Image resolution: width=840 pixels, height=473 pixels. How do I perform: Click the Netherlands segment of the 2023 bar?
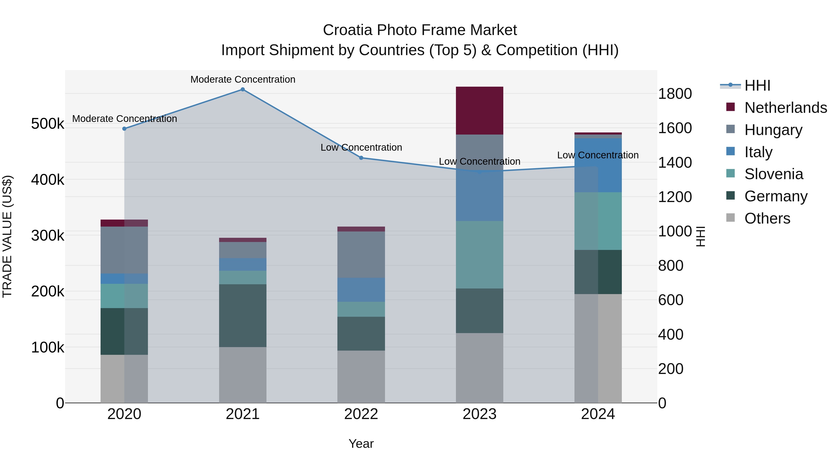coord(479,111)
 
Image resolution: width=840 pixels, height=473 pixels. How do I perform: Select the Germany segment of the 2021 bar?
coord(243,315)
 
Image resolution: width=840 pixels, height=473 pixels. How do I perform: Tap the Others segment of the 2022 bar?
coord(361,377)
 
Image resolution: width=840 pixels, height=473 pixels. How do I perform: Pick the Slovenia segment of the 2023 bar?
coord(479,255)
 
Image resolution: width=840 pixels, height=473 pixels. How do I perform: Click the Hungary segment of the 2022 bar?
coord(361,255)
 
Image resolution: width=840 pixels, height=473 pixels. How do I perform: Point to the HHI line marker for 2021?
coord(243,89)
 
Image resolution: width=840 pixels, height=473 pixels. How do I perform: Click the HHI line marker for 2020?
coord(124,129)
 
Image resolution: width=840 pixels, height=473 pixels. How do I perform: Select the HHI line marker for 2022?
coord(361,158)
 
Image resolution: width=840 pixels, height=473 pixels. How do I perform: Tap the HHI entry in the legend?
coord(757,85)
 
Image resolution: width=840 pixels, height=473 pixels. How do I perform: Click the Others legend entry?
coord(767,218)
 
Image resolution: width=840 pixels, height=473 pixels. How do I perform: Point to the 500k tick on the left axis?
coord(48,124)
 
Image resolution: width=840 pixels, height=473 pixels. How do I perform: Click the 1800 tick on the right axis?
coord(674,94)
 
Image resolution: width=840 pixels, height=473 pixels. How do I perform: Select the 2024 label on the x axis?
coord(598,414)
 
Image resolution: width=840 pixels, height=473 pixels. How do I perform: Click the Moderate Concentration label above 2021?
coord(243,79)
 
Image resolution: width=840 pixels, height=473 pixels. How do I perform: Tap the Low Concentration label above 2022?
coord(361,148)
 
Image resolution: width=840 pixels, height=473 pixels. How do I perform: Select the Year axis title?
coord(361,444)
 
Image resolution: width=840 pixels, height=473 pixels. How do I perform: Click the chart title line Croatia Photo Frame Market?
coord(420,30)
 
